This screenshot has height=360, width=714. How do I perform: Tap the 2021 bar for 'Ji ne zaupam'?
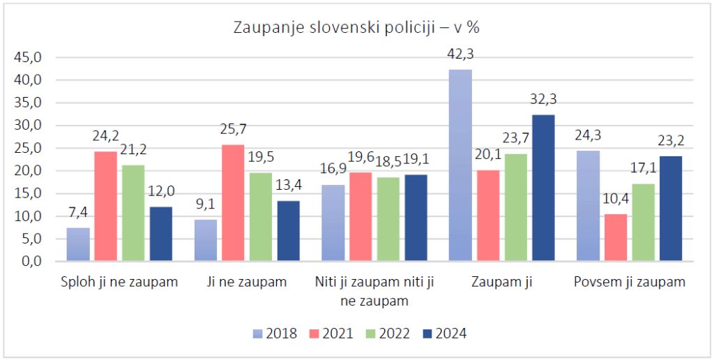pyautogui.click(x=233, y=203)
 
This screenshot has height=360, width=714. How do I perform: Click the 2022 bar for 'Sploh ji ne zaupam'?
pyautogui.click(x=133, y=213)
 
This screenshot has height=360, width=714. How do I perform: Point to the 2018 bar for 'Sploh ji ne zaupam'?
pyautogui.click(x=78, y=244)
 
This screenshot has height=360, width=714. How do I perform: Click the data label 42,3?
pyautogui.click(x=461, y=54)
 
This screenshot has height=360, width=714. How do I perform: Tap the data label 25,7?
pyautogui.click(x=234, y=129)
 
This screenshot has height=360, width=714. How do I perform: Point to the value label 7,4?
pyautogui.click(x=78, y=213)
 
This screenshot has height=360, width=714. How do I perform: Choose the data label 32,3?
pyautogui.click(x=543, y=99)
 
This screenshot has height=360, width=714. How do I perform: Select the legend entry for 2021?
pyautogui.click(x=331, y=333)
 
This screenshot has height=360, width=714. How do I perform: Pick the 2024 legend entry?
pyautogui.click(x=444, y=333)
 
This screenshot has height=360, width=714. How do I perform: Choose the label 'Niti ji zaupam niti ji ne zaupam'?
pyautogui.click(x=374, y=292)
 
